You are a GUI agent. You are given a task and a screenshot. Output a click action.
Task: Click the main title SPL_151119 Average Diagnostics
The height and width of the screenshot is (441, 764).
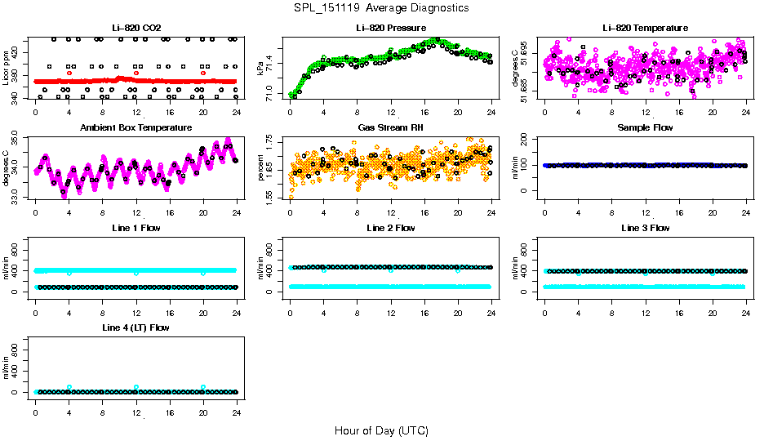(x=382, y=8)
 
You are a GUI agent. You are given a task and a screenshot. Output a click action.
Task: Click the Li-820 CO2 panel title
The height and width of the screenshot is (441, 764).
(x=136, y=29)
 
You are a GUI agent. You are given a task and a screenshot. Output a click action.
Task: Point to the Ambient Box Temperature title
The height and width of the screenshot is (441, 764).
(x=136, y=128)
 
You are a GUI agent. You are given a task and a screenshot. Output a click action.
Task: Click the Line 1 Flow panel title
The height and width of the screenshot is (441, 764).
(x=136, y=229)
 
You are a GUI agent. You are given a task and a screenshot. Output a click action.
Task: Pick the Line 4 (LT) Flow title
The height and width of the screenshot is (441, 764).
(x=136, y=328)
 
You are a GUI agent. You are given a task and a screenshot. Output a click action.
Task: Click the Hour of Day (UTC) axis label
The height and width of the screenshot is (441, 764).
(x=382, y=430)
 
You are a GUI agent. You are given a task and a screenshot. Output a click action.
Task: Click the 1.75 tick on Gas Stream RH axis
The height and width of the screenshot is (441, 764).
(x=272, y=144)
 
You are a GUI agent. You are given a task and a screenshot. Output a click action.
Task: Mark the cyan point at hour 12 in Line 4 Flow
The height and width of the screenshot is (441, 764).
(x=136, y=387)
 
